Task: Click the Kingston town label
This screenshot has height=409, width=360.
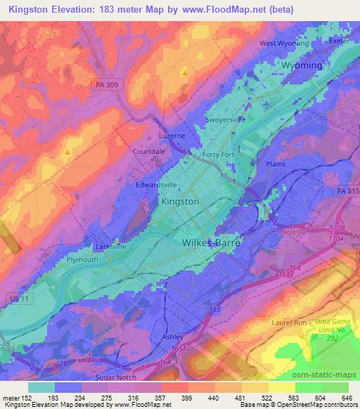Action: (180, 201)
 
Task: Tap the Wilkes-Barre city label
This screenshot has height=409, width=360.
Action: (211, 242)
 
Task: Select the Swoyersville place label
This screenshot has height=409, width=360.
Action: (226, 119)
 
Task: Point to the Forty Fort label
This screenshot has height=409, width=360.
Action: (218, 155)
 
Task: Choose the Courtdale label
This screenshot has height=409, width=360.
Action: (148, 151)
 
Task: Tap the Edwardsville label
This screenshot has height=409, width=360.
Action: (156, 185)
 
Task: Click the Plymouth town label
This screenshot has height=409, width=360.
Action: (82, 259)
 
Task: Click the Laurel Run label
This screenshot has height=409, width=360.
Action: (286, 323)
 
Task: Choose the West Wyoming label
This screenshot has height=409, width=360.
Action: (284, 43)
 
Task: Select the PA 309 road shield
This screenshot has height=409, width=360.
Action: (106, 85)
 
